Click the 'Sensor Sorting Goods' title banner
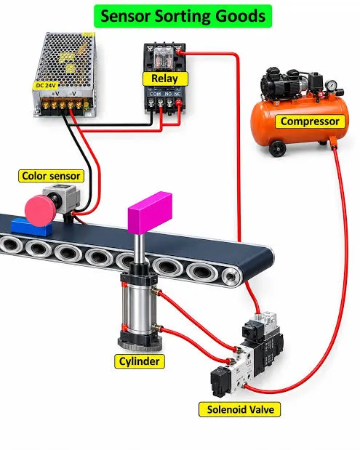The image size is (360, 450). (x=183, y=17)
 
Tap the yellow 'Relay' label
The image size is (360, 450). (x=165, y=79)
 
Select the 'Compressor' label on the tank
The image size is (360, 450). (x=310, y=121)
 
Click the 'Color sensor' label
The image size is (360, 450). (x=51, y=176)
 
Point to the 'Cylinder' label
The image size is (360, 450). (x=140, y=361)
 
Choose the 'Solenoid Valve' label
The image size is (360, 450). (x=240, y=409)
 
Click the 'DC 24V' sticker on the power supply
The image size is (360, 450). (x=46, y=85)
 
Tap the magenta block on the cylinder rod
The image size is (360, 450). (x=150, y=212)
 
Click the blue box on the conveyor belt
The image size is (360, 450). (x=31, y=227)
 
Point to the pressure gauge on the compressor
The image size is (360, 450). (x=332, y=85)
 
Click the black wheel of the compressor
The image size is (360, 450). (x=277, y=148)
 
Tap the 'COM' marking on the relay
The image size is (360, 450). (x=156, y=94)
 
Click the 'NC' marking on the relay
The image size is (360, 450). (x=177, y=94)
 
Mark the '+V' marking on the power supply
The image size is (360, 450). (x=55, y=94)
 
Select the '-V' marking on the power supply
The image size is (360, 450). (x=73, y=94)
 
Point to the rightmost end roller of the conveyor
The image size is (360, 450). (x=231, y=277)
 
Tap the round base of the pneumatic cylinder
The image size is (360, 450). (x=140, y=344)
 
